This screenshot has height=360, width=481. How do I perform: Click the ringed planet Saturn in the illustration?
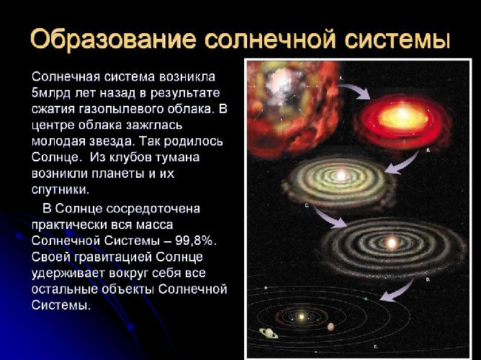(x=269, y=333)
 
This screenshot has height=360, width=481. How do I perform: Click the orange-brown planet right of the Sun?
(x=331, y=326)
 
